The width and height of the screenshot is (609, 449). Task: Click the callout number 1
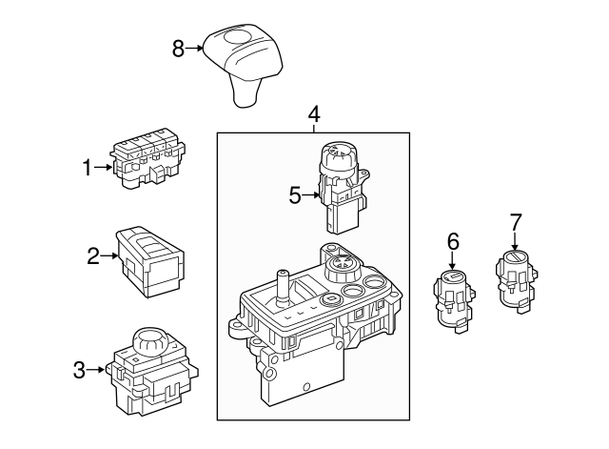coord(87,169)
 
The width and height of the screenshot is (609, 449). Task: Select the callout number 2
coord(92,255)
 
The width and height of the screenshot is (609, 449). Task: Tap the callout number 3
coord(79,370)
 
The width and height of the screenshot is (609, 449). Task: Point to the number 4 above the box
coord(314,115)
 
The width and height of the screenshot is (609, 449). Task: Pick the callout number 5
coord(295,195)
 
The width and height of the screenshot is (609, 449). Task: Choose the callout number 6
coord(453,243)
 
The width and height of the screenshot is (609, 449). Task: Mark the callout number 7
coord(515,222)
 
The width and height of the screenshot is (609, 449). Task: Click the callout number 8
coord(177,48)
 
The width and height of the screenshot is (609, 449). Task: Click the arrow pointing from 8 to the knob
coord(196,48)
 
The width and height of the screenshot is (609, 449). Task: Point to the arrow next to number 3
coord(98,370)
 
